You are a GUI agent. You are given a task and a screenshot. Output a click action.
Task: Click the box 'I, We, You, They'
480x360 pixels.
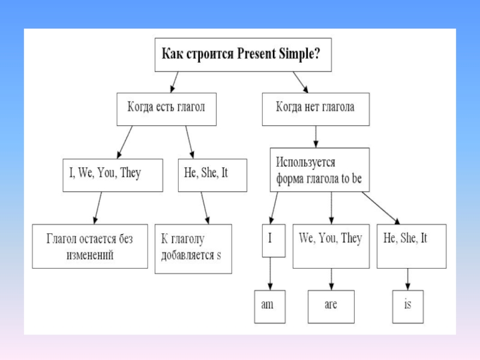point(112,175)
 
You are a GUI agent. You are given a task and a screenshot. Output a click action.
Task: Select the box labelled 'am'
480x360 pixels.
point(268,307)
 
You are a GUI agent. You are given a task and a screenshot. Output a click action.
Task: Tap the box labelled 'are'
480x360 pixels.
point(331,307)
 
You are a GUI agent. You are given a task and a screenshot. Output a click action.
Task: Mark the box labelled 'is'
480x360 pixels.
point(408,307)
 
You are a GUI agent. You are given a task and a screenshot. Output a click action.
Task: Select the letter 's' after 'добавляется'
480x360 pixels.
point(219,255)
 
